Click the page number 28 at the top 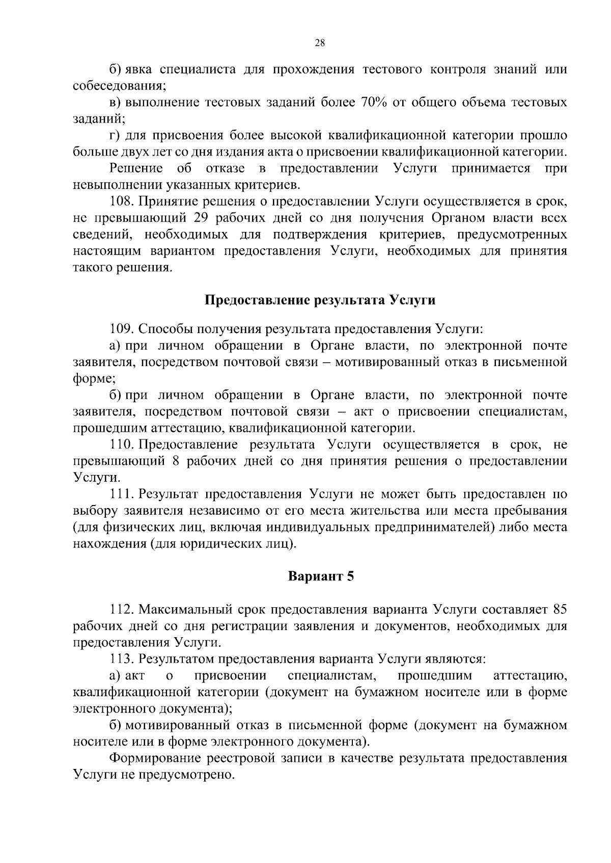point(320,43)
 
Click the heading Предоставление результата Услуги point(320,300)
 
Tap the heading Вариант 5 point(321,576)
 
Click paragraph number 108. point(121,201)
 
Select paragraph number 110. point(121,444)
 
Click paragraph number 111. point(121,494)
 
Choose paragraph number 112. point(121,609)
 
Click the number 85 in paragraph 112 point(560,609)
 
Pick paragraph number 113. point(121,659)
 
